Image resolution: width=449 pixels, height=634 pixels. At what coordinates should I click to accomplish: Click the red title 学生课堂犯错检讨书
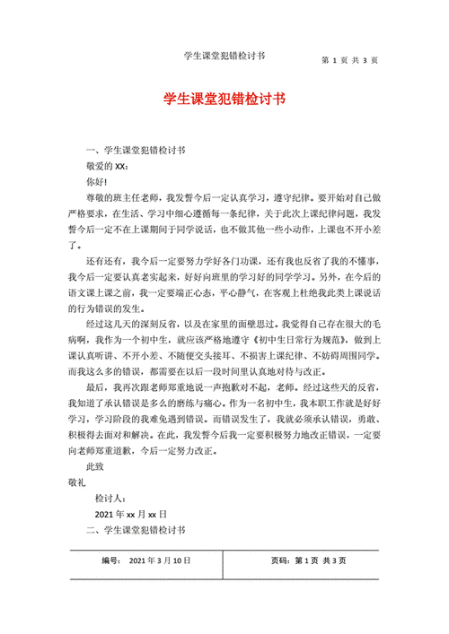pyautogui.click(x=224, y=100)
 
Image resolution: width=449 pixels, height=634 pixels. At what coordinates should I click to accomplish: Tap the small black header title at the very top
pyautogui.click(x=223, y=56)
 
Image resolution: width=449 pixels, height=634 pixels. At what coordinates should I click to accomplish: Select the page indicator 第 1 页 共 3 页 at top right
pyautogui.click(x=349, y=60)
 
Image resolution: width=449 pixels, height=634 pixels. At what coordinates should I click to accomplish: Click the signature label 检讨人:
pyautogui.click(x=116, y=499)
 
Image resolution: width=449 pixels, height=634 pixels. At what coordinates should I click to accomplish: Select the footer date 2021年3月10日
pyautogui.click(x=161, y=560)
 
